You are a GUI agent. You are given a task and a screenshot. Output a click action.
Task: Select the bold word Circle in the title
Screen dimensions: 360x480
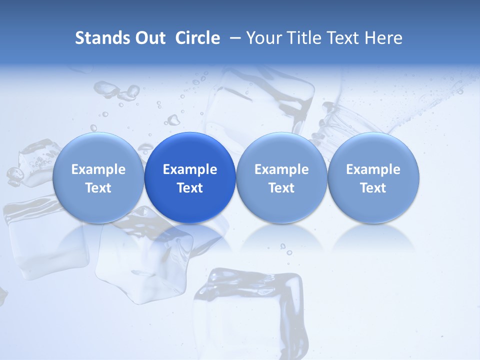[197, 38]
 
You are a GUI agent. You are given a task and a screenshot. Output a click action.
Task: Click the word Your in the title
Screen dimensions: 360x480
[263, 38]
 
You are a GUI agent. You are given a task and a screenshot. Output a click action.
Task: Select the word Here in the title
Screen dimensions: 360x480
[384, 38]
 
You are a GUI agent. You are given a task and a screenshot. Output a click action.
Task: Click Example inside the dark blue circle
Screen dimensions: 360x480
[190, 169]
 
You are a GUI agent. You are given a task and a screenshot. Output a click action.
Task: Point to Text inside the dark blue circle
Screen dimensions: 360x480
[190, 188]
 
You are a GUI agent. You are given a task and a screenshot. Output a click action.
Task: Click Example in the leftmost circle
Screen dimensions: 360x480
[98, 169]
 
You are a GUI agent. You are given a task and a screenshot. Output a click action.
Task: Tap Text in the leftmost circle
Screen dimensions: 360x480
[98, 188]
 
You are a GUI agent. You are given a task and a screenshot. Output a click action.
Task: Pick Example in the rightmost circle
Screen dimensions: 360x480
[373, 169]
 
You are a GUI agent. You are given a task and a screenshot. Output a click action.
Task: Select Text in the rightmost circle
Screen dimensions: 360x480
[373, 188]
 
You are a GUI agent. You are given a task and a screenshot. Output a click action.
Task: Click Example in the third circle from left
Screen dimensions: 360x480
[281, 169]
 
